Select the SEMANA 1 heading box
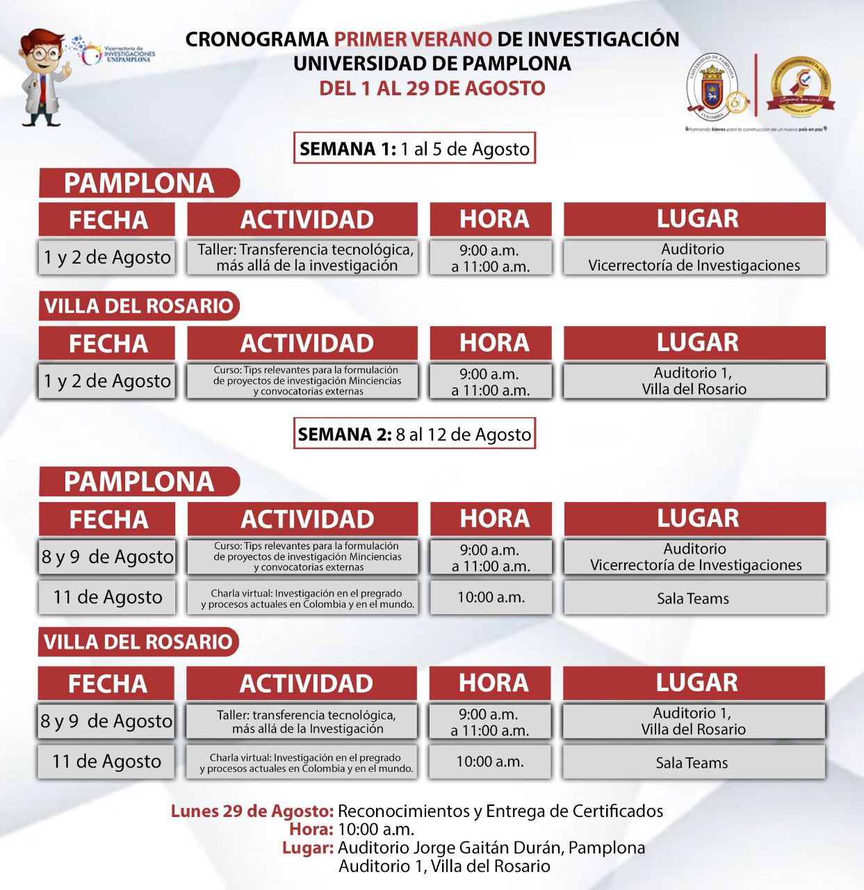(x=414, y=148)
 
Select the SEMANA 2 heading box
(x=414, y=435)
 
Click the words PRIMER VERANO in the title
(x=413, y=39)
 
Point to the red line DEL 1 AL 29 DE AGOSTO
(x=432, y=88)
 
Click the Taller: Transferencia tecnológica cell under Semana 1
(x=303, y=257)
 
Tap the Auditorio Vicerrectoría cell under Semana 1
(x=694, y=257)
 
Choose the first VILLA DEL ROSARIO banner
(x=138, y=306)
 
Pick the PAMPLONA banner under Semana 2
(x=138, y=482)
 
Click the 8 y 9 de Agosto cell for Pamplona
(x=107, y=556)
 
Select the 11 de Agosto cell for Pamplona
(x=107, y=597)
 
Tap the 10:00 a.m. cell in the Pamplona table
(x=491, y=597)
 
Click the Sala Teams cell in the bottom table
(x=692, y=763)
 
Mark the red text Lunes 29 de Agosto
(x=252, y=811)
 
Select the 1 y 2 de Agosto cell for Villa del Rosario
(x=107, y=381)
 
